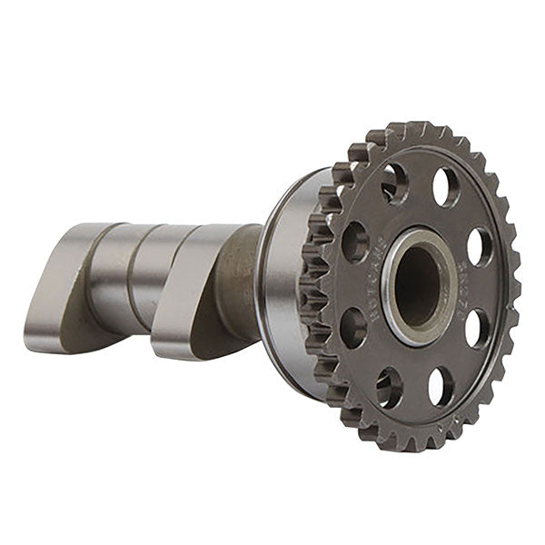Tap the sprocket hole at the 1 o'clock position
pyautogui.click(x=445, y=187)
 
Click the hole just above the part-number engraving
pyautogui.click(x=480, y=245)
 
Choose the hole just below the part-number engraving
pyautogui.click(x=476, y=329)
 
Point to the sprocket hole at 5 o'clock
pyautogui.click(x=441, y=385)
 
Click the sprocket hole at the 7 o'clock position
pyautogui.click(x=390, y=386)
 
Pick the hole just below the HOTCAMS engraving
pyautogui.click(x=352, y=327)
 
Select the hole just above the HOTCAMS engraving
pyautogui.click(x=355, y=242)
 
